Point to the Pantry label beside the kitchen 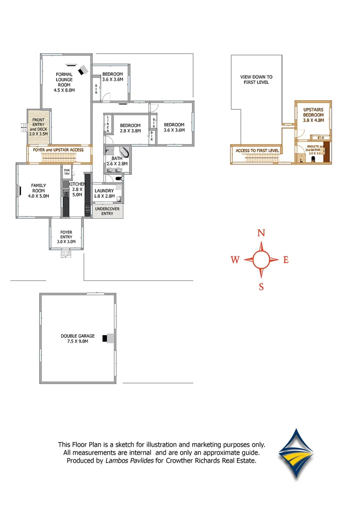[x=67, y=172]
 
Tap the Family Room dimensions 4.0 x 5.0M [x=39, y=196]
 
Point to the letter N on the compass [x=261, y=233]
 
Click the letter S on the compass [x=261, y=287]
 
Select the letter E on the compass [x=286, y=260]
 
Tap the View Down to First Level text [x=256, y=79]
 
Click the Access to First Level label [x=257, y=151]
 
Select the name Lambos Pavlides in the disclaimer [x=129, y=460]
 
